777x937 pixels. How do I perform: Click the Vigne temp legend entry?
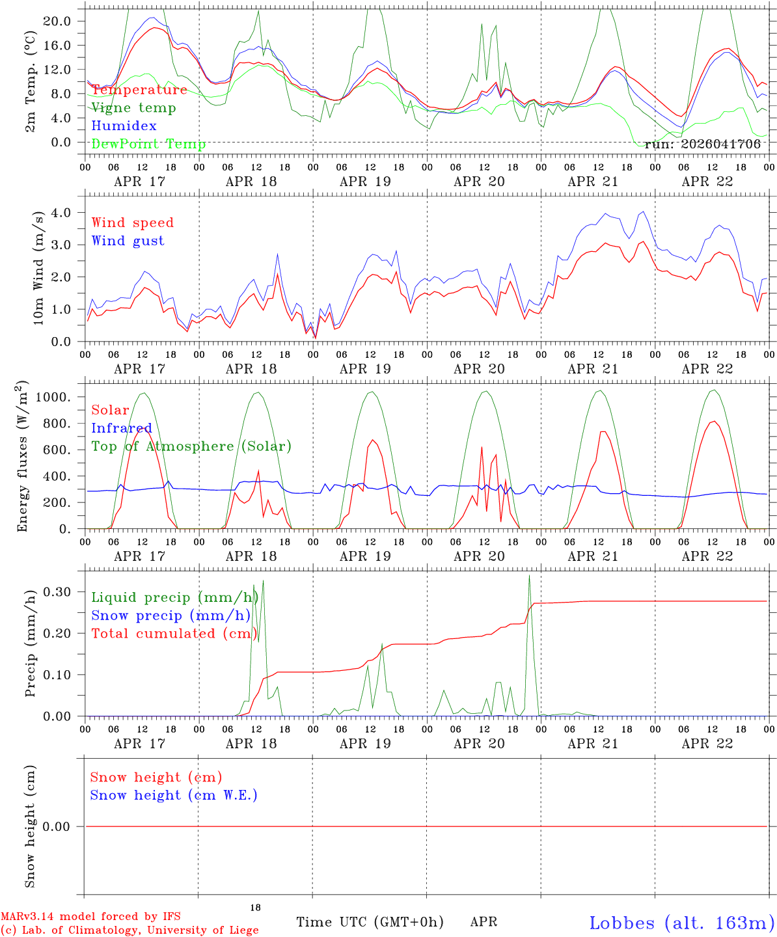pos(133,108)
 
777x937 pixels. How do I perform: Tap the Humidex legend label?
pos(124,126)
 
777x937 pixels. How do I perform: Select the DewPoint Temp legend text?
pos(148,144)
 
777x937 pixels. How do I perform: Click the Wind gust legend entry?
pos(128,241)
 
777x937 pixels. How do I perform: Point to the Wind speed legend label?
pos(133,223)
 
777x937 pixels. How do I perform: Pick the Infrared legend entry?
pos(122,428)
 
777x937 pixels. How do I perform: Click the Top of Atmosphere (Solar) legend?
pos(191,446)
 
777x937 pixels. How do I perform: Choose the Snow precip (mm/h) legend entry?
pos(171,616)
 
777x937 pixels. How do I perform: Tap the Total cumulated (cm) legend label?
pos(174,633)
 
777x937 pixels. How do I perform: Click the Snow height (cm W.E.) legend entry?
pos(174,795)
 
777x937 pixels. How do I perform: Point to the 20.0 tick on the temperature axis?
pos(57,21)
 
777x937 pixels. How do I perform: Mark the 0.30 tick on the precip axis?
pos(57,591)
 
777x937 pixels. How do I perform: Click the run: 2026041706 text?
pos(703,144)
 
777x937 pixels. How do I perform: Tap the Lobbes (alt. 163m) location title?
pos(681,923)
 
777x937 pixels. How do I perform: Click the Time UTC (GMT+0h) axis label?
pos(370,922)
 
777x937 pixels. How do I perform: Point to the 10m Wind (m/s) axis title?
pos(39,267)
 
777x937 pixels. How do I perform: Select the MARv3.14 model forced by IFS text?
pos(90,916)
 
